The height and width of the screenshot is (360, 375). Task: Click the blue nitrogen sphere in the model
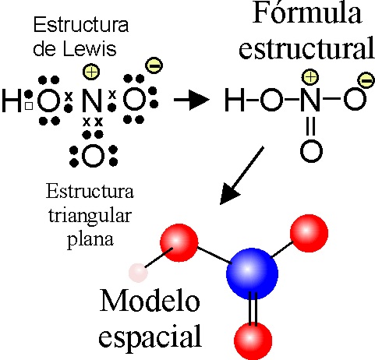pyautogui.click(x=252, y=274)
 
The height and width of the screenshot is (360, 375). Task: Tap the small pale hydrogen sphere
pyautogui.click(x=138, y=273)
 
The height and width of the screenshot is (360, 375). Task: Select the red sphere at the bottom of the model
pyautogui.click(x=253, y=341)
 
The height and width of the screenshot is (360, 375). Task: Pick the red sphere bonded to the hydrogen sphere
pyautogui.click(x=179, y=242)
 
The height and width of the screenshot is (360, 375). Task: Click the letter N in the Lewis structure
pyautogui.click(x=92, y=101)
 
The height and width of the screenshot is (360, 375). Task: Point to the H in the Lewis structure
pyautogui.click(x=12, y=101)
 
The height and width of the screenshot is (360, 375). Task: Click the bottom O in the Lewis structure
pyautogui.click(x=93, y=157)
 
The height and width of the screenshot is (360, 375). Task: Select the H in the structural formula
pyautogui.click(x=235, y=100)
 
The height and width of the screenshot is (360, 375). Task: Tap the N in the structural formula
pyautogui.click(x=310, y=100)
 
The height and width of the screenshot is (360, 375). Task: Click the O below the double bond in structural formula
pyautogui.click(x=311, y=151)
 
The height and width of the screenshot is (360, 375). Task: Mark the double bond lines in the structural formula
pyautogui.click(x=311, y=126)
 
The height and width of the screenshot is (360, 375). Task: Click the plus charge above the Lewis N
pyautogui.click(x=91, y=72)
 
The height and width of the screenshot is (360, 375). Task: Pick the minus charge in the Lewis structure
pyautogui.click(x=154, y=65)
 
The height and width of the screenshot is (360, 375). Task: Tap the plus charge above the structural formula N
pyautogui.click(x=310, y=77)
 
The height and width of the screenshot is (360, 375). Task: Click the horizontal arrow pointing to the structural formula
pyautogui.click(x=192, y=100)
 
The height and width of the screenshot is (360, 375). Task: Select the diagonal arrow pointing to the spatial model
pyautogui.click(x=242, y=175)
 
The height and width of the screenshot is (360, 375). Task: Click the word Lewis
pyautogui.click(x=90, y=49)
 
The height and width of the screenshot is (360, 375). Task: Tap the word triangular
pyautogui.click(x=90, y=217)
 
